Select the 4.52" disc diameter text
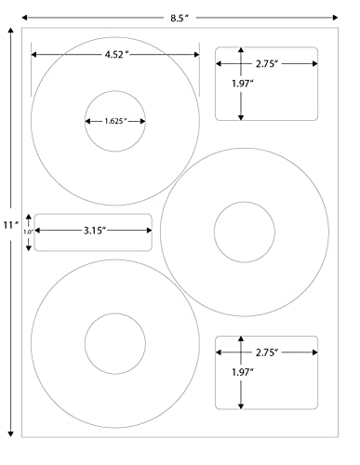[x=116, y=56]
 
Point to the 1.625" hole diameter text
[x=115, y=121]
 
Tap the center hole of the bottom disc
[x=115, y=343]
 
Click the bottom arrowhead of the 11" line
[x=10, y=434]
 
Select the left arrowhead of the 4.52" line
[x=34, y=56]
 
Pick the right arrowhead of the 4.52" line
[x=196, y=56]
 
